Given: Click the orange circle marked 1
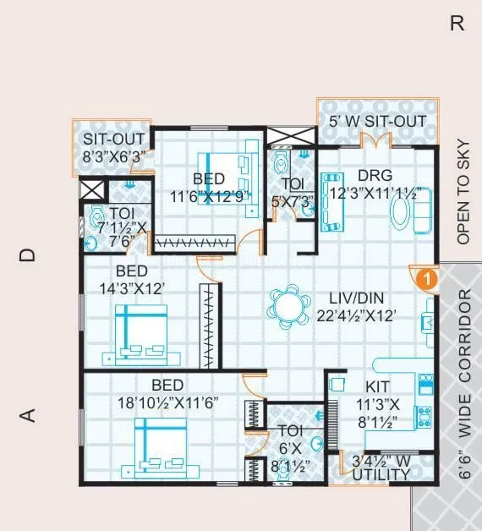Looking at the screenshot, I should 429,276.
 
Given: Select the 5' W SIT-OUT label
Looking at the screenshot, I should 377,122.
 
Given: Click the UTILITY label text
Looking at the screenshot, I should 382,475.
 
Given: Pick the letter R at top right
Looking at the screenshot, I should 457,24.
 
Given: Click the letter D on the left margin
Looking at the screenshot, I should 28,255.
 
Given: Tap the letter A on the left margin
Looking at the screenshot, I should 28,415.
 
